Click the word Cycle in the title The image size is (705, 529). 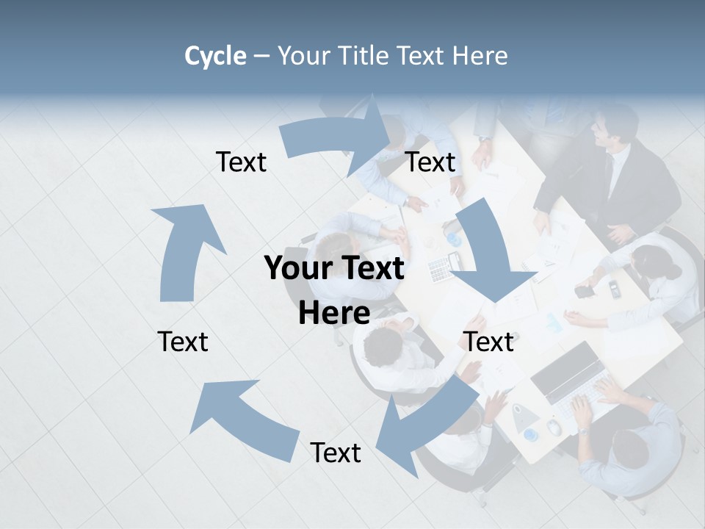(214, 56)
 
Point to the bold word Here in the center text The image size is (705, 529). (334, 314)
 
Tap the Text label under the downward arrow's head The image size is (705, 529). (489, 342)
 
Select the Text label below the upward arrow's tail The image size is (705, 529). (183, 342)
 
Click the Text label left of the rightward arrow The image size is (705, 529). (241, 162)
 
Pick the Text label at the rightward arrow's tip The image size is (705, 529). (430, 162)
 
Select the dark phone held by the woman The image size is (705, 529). (585, 292)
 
